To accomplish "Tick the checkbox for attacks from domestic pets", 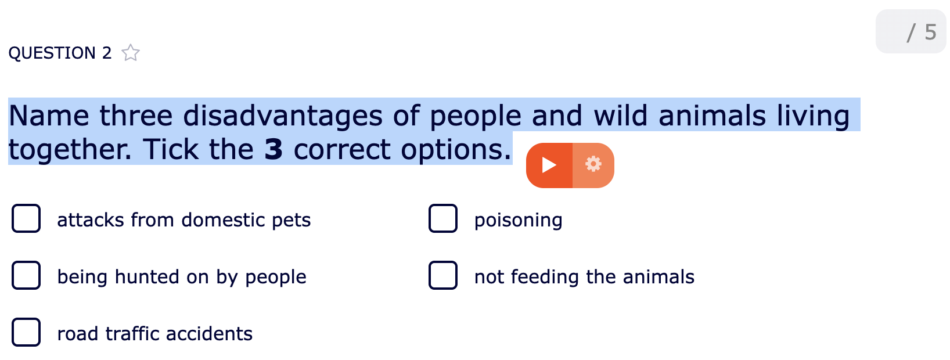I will click(x=26, y=219).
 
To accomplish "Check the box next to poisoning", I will click(x=443, y=219).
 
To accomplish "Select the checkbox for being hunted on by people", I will click(x=26, y=276).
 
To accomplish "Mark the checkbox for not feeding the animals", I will click(x=443, y=276).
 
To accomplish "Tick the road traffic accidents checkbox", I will click(x=26, y=333).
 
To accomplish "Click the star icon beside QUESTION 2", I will click(x=131, y=53).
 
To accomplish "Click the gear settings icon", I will click(x=593, y=165).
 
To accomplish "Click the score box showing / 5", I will click(x=911, y=32).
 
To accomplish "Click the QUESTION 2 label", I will click(x=60, y=53).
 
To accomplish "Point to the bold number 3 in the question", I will click(x=273, y=150).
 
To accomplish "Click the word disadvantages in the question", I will click(x=283, y=116).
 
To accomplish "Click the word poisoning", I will click(x=518, y=220).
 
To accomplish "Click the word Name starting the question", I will click(x=49, y=116).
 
